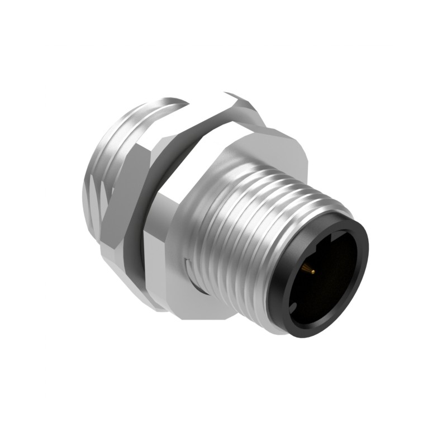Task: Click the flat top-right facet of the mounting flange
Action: coord(268,145)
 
